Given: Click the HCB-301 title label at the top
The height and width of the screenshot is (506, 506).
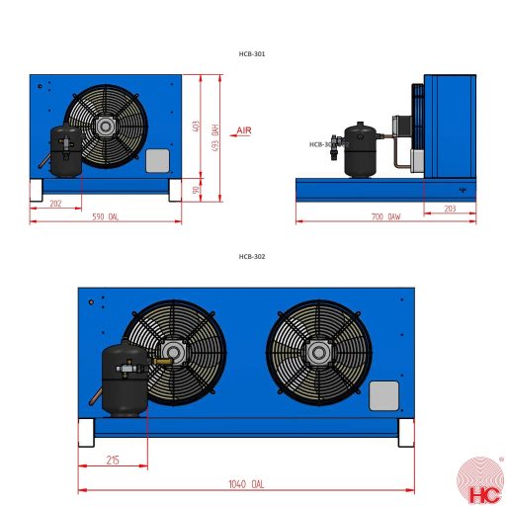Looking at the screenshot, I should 252,54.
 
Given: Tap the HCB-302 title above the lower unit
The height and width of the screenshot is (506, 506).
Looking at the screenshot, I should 252,256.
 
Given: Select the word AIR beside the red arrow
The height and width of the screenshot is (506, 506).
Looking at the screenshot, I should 245,130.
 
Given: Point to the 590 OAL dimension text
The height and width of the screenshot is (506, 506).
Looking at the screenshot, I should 105,216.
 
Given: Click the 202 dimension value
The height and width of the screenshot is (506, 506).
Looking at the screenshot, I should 55,204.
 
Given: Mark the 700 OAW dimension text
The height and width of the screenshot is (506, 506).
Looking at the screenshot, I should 386,216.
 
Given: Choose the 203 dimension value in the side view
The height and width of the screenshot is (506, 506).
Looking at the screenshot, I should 450,209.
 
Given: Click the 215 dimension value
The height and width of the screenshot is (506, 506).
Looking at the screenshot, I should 112,461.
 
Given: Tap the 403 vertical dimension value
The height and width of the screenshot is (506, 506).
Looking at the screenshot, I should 197,126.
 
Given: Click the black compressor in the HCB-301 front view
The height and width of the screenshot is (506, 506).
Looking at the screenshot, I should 65,150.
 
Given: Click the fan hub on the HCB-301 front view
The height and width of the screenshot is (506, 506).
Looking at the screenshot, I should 106,126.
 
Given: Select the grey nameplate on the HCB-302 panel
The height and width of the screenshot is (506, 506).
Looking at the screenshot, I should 383,395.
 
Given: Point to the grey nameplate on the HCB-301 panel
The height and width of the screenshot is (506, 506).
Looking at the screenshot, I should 158,161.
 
